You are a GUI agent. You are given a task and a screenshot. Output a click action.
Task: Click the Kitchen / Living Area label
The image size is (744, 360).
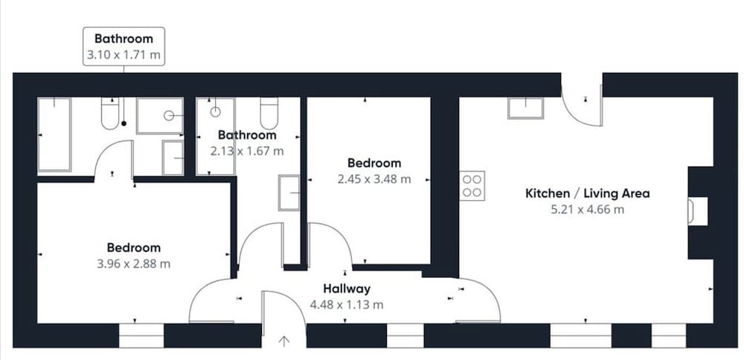(x=588, y=193)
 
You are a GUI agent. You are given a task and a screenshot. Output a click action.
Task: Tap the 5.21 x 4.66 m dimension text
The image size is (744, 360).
(x=588, y=209)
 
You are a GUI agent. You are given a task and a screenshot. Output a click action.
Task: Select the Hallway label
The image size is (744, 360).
(x=347, y=289)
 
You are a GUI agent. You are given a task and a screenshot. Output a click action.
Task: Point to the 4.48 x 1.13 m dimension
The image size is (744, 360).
(x=347, y=304)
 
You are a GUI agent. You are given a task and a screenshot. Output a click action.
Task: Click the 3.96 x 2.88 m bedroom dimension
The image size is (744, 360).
(x=133, y=264)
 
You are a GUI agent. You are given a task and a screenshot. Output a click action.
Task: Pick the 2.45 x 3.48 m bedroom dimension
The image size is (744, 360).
(x=374, y=179)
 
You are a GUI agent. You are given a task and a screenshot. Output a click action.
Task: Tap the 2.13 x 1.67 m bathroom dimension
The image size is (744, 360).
(x=247, y=151)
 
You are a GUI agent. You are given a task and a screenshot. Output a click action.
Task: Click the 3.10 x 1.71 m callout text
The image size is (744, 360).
(x=124, y=54)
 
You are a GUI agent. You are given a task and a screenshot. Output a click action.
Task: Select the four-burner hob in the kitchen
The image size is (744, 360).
(x=472, y=185)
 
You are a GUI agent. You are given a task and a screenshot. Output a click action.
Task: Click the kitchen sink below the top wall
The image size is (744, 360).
(x=526, y=108)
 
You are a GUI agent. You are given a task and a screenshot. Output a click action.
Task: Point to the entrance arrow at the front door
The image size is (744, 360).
(x=283, y=341)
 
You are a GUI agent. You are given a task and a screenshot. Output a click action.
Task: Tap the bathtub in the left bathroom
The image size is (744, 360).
(x=54, y=134)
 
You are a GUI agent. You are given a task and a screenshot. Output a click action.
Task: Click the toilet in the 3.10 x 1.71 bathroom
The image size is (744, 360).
(x=110, y=113)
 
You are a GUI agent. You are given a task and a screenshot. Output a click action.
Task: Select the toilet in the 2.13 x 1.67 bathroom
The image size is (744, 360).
(x=269, y=113)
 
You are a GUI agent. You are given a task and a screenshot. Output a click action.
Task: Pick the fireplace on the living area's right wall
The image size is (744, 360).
(x=698, y=211)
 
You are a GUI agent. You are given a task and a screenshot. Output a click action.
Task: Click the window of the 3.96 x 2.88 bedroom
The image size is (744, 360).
(x=141, y=335)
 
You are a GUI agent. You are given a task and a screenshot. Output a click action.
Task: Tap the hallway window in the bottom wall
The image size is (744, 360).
(x=405, y=335)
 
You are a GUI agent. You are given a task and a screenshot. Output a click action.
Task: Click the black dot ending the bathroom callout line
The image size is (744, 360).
(x=124, y=123)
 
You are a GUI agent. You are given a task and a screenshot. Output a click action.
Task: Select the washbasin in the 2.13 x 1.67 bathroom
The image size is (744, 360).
(x=289, y=193)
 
